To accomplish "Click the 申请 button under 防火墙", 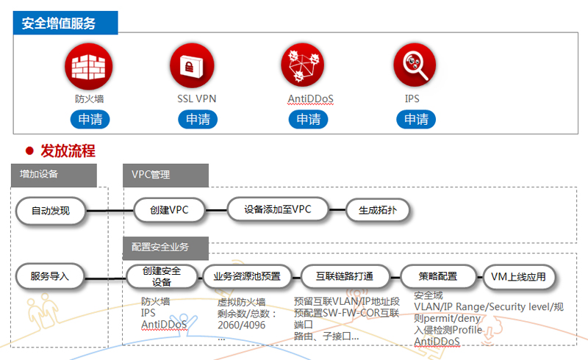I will [90, 119].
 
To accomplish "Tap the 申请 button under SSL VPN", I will [198, 119].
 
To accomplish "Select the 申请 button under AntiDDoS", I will [308, 119].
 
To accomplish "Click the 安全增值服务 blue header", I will [65, 24].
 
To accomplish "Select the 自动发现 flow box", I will [50, 211].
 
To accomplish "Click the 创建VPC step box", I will [169, 210].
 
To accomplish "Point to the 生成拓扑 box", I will [378, 210].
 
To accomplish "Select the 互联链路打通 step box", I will [345, 276].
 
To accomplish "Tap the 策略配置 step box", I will [438, 276].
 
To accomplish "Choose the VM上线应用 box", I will [518, 276].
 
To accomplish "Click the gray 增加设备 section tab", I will [54, 175].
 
